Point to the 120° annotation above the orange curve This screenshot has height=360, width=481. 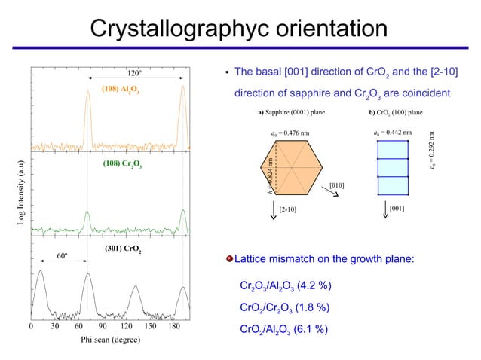[x=135, y=73]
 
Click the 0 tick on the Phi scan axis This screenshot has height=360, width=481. [x=31, y=327]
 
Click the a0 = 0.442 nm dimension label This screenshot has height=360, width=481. [x=392, y=133]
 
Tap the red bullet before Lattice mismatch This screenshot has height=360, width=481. [x=229, y=259]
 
